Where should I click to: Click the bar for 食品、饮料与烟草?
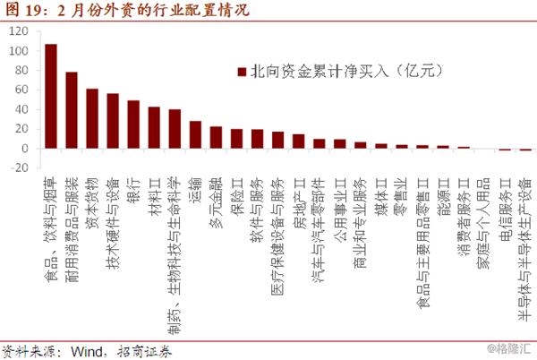click(51, 96)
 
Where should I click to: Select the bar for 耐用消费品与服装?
click(72, 109)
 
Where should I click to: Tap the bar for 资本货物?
click(92, 118)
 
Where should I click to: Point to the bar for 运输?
click(195, 134)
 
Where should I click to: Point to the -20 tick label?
click(17, 167)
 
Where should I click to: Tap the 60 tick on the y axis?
click(21, 90)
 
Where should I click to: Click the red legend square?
click(240, 71)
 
